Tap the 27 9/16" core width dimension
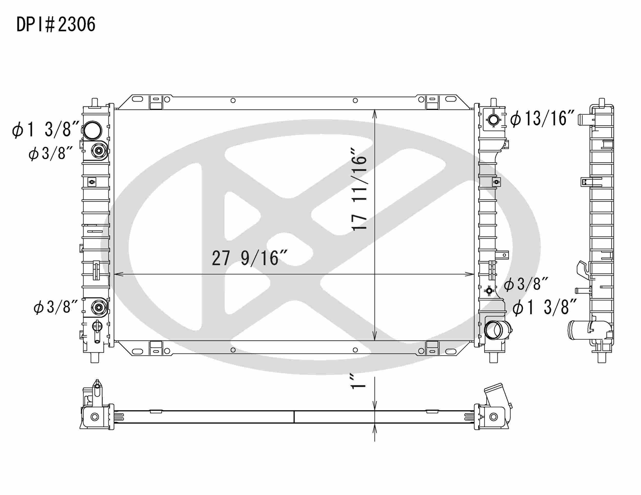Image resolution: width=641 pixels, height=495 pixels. point(249,258)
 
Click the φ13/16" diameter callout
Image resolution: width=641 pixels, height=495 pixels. point(542,119)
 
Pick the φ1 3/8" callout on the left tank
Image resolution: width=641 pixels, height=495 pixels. point(45,130)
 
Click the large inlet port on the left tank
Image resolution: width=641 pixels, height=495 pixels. point(93,130)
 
